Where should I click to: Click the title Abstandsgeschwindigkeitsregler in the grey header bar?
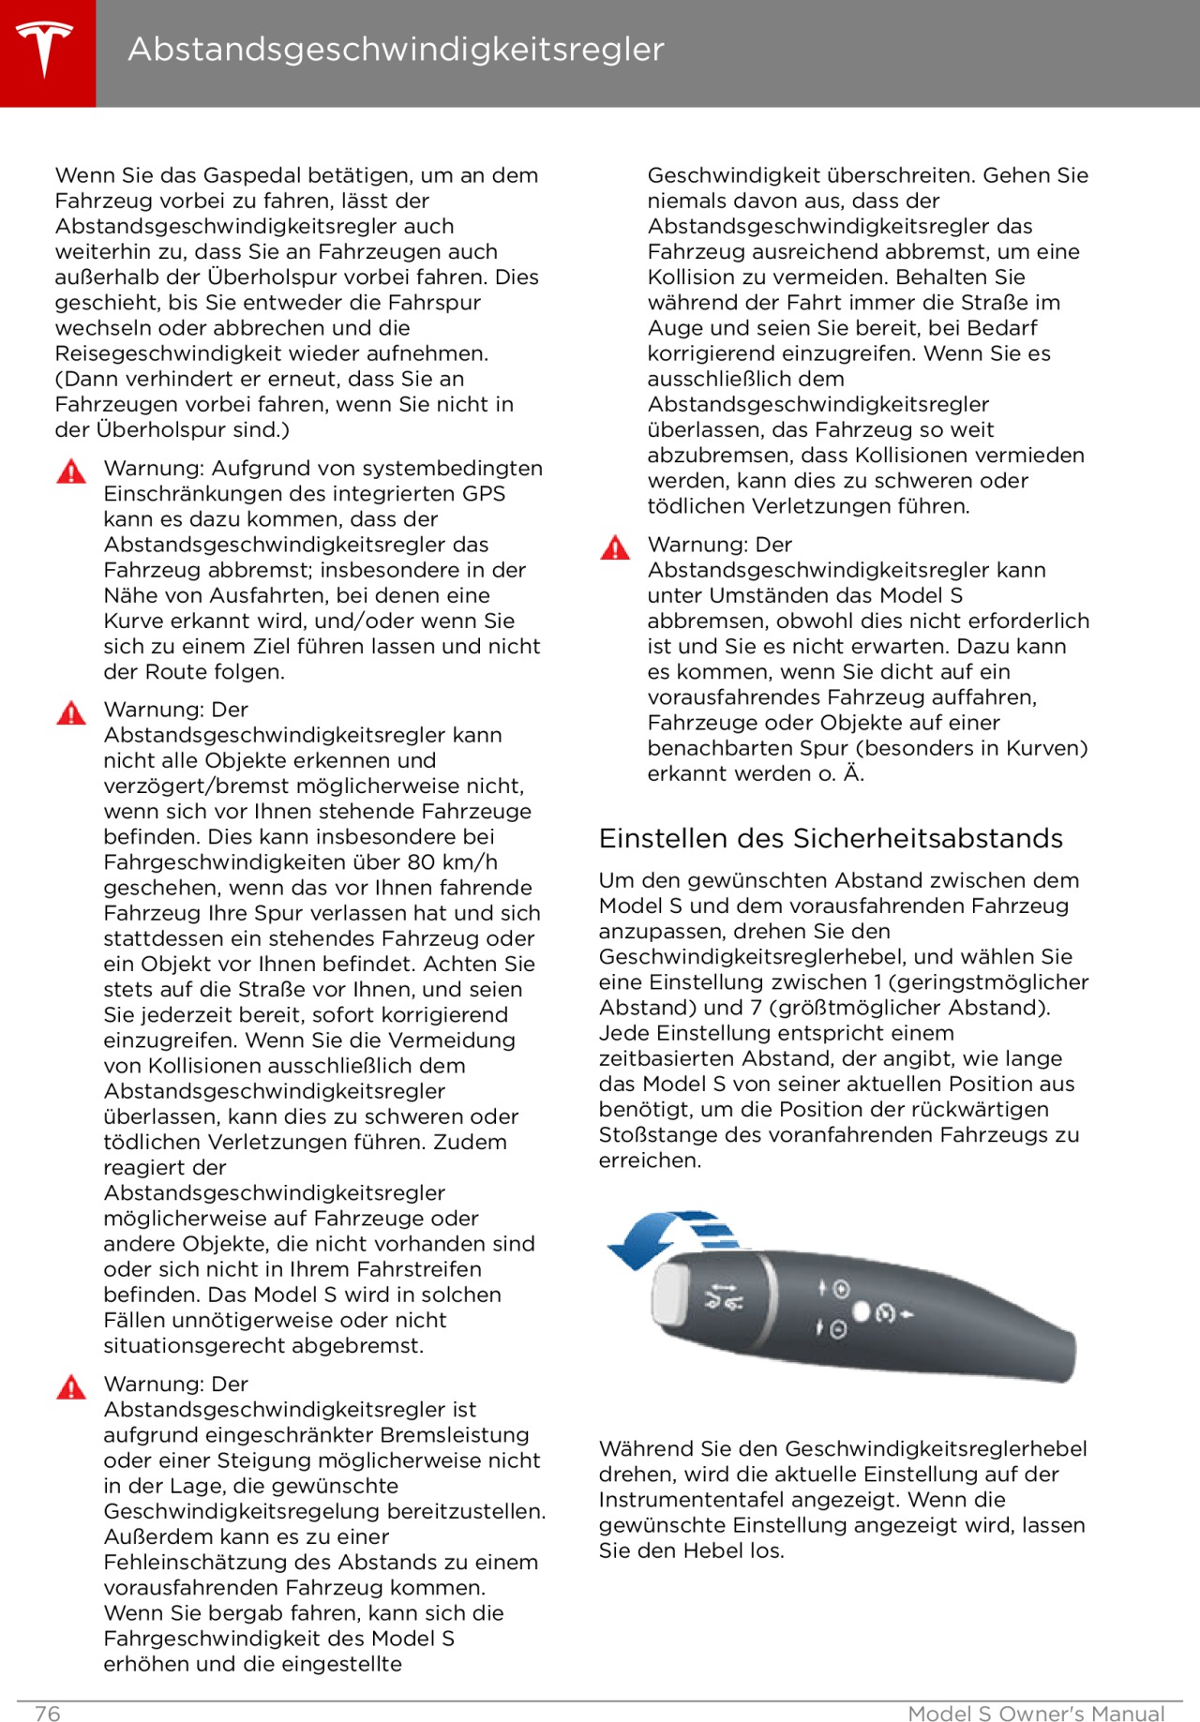[x=396, y=49]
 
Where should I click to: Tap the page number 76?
[x=47, y=1714]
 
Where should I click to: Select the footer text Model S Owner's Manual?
[x=1036, y=1714]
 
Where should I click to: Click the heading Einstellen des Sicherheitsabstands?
[x=831, y=838]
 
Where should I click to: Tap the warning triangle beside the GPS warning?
[x=71, y=471]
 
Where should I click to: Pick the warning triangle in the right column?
[x=615, y=547]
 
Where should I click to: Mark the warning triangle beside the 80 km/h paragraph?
[x=71, y=712]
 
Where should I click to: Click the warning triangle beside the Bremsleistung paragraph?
[x=71, y=1386]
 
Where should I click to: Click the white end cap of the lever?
[x=671, y=1293]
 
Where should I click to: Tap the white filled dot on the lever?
[x=862, y=1312]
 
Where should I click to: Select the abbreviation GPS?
[x=484, y=494]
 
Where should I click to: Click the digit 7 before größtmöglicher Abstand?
[x=756, y=1008]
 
